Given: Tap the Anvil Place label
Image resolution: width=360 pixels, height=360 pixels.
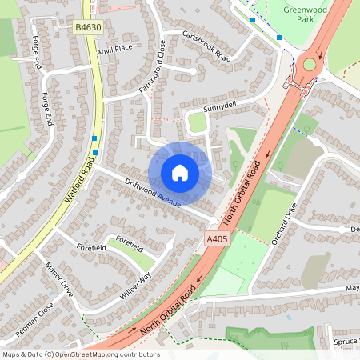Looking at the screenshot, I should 114,49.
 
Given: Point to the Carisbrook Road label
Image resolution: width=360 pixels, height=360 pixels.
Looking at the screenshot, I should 206,47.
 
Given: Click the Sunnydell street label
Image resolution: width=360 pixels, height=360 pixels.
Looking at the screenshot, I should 221,106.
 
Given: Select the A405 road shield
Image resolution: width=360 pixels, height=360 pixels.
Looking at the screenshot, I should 217,239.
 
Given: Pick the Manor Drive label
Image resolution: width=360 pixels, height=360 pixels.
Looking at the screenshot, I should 60,279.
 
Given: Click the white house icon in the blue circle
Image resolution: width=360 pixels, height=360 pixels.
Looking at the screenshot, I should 180,172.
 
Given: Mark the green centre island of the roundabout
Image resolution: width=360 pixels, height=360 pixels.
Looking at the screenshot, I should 310,64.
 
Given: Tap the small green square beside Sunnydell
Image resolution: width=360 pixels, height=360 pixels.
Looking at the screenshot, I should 196,122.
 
